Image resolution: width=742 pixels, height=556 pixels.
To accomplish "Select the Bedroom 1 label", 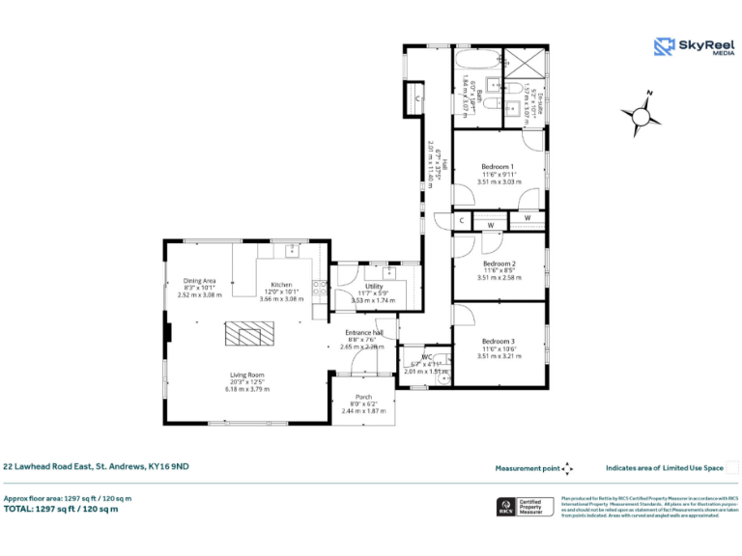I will [x=499, y=166].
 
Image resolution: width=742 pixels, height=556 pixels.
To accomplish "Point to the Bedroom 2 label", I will [x=499, y=264].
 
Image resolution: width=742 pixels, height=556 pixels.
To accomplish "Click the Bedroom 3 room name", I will [x=499, y=341].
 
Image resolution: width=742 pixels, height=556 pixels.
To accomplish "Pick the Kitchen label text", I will [x=281, y=285].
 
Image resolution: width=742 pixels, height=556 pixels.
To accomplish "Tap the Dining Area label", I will [x=199, y=281].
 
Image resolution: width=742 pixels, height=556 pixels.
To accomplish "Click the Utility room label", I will [x=373, y=286].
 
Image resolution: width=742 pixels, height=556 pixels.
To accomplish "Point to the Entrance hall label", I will [x=364, y=332].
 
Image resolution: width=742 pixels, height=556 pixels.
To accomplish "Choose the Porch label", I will [x=363, y=397].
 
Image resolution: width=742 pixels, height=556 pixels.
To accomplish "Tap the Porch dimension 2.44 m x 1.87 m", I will [x=363, y=411].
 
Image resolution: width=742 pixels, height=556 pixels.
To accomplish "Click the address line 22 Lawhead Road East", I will [x=96, y=467].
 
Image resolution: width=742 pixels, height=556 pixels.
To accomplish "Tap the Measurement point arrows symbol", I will [x=568, y=468].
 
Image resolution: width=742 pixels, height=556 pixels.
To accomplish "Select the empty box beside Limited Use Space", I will [x=731, y=468].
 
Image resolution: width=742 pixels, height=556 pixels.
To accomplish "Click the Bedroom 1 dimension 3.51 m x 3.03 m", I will [x=499, y=181].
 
